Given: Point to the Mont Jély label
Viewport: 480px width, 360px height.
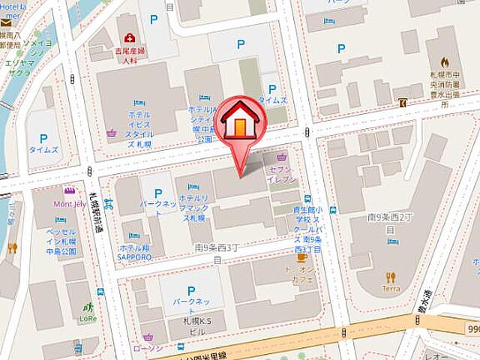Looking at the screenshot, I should pyautogui.click(x=68, y=203).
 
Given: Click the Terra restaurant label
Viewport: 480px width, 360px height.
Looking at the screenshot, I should pyautogui.click(x=390, y=288).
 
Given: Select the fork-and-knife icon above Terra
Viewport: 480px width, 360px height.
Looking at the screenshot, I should pyautogui.click(x=390, y=276).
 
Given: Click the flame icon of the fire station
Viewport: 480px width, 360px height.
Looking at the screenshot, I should pyautogui.click(x=445, y=63).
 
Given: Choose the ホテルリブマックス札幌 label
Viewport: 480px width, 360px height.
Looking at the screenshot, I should pyautogui.click(x=193, y=207).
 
